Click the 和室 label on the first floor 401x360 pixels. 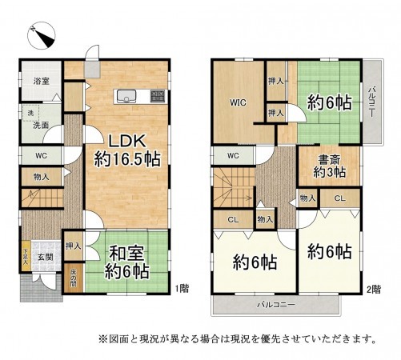126,253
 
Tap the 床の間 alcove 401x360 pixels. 73,279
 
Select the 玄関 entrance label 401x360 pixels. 44,258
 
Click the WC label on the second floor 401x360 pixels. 234,155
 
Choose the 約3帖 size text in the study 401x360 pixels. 329,171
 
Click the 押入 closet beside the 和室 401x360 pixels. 73,247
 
